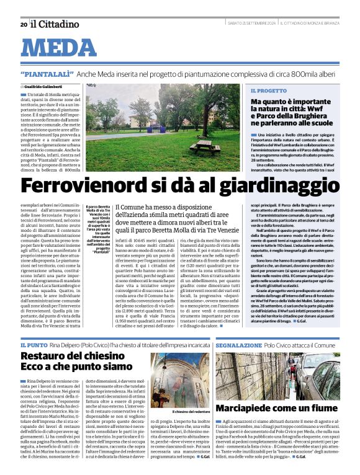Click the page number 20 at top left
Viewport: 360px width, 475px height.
click(24, 24)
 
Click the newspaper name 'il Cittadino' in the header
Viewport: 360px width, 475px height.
click(55, 24)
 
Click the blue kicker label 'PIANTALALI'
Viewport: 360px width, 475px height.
click(56, 74)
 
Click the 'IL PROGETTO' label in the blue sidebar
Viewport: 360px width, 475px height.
click(269, 91)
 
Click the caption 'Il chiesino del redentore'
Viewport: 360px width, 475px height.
click(192, 412)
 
